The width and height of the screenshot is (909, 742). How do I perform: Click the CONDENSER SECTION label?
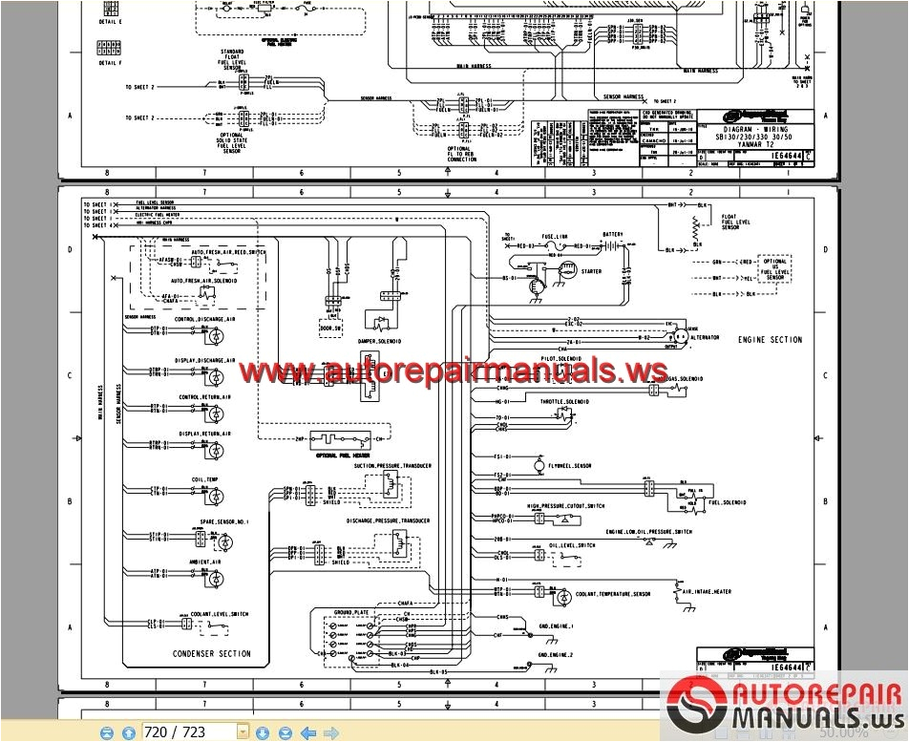[x=212, y=654]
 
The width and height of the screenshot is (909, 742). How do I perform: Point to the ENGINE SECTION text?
[x=770, y=340]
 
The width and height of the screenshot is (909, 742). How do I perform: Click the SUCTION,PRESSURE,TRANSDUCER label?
[x=392, y=466]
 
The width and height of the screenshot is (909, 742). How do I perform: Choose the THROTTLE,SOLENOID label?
[x=565, y=402]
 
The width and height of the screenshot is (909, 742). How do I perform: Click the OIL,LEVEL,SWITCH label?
[x=571, y=545]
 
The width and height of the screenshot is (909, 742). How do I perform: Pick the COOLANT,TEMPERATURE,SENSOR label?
[x=613, y=594]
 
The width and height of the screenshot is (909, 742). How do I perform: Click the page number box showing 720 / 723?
[x=188, y=731]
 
